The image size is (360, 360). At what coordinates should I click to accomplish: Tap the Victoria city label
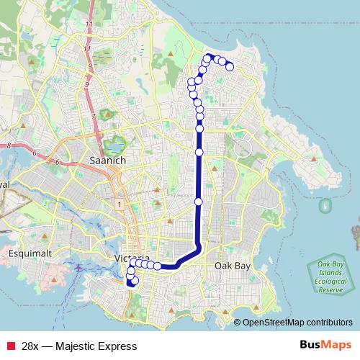pos(112,258)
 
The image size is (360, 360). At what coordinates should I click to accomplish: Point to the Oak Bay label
pos(233,266)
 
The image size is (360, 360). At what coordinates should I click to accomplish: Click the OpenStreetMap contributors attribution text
pos(297,322)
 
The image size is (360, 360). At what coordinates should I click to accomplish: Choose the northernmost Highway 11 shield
pos(89,25)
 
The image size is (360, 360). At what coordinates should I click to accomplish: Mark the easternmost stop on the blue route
pos(230,67)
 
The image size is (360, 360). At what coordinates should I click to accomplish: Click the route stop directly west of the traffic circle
pos(199,152)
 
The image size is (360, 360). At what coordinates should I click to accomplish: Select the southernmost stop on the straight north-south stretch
pos(199,201)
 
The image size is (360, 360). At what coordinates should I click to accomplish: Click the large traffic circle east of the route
pos(243,150)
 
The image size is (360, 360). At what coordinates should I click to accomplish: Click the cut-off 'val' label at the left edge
pos(4,185)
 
